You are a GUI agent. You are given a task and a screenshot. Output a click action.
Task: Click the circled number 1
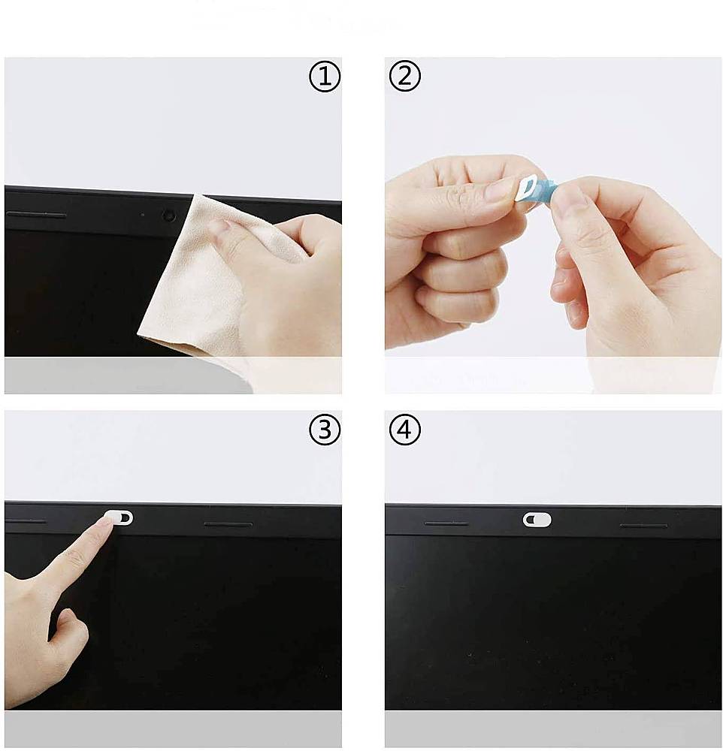(x=325, y=77)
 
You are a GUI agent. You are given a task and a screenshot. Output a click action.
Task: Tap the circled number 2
(x=405, y=77)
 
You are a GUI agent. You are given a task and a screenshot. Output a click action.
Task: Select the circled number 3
(x=325, y=430)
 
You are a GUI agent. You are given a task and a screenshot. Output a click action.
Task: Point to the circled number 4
(x=405, y=430)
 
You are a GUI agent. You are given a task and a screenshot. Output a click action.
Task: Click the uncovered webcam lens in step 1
(x=168, y=216)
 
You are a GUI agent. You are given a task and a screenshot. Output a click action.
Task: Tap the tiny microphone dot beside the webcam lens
(x=143, y=215)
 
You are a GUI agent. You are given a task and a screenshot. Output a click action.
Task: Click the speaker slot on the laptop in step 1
(x=36, y=216)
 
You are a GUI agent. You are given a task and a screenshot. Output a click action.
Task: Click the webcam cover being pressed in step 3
(x=119, y=517)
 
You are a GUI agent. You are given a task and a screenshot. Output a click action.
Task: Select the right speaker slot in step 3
(x=228, y=524)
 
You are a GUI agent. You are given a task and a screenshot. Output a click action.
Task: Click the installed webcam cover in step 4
(x=537, y=520)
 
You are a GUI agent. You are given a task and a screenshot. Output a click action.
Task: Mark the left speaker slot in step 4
(x=446, y=523)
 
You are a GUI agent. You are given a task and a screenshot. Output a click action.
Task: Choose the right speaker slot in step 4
(x=643, y=526)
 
